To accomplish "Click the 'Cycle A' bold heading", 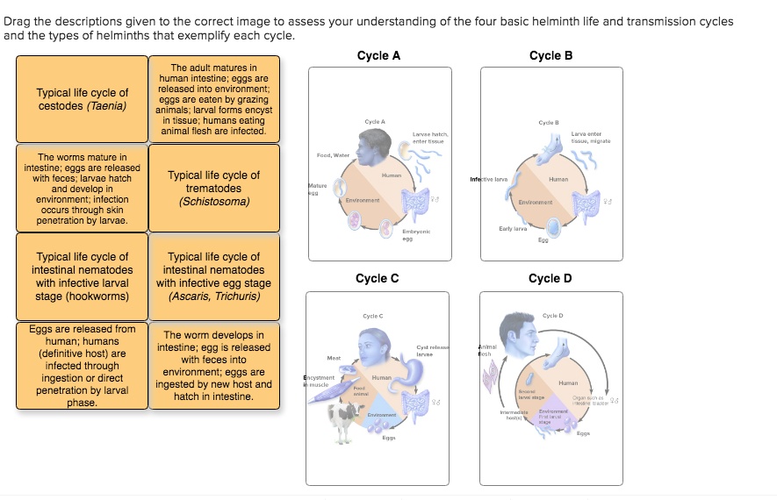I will (378, 55).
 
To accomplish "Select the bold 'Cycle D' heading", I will (550, 278).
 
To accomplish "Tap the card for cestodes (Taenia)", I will (82, 99).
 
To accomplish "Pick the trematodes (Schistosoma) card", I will (214, 188).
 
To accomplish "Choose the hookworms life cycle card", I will (82, 276).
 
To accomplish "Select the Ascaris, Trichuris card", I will (214, 276).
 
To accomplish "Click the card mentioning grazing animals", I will (214, 99).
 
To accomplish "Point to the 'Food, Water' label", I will (333, 155).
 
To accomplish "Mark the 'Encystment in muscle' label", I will (319, 380).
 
